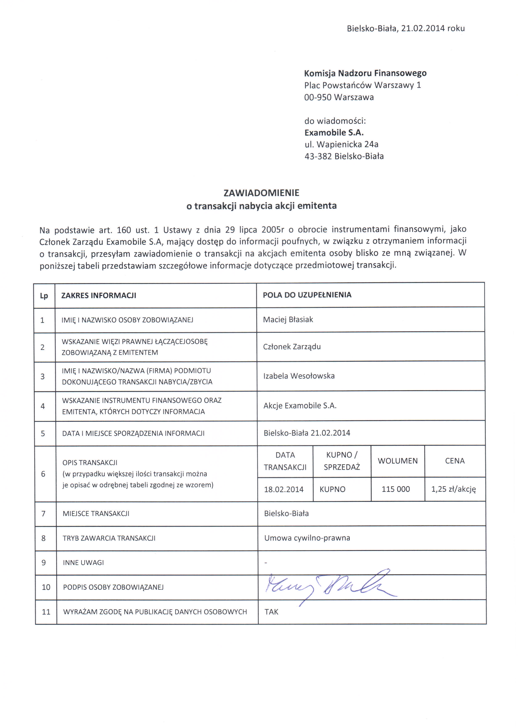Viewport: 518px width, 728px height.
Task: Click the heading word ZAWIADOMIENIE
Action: pyautogui.click(x=261, y=193)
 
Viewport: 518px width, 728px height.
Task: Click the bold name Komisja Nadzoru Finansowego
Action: pyautogui.click(x=365, y=73)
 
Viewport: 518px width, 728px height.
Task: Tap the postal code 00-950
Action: pyautogui.click(x=318, y=97)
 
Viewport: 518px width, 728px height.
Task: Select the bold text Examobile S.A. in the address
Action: pyautogui.click(x=334, y=133)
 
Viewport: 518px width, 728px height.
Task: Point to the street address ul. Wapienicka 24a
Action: pyautogui.click(x=341, y=144)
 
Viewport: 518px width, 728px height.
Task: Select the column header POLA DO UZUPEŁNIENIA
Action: pyautogui.click(x=307, y=295)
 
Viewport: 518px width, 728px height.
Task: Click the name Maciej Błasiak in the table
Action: pyautogui.click(x=288, y=319)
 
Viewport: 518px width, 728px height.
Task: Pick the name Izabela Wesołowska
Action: pyautogui.click(x=299, y=376)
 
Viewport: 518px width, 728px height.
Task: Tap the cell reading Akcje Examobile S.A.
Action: pyautogui.click(x=300, y=406)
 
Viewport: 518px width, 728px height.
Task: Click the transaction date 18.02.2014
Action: pyautogui.click(x=284, y=489)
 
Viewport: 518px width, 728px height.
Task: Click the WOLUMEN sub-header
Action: pyautogui.click(x=397, y=461)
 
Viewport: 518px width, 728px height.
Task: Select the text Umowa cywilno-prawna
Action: pyautogui.click(x=307, y=538)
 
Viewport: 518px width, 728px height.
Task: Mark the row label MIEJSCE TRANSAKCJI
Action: pyautogui.click(x=96, y=514)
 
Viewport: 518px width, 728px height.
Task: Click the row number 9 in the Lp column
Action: pyautogui.click(x=44, y=563)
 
